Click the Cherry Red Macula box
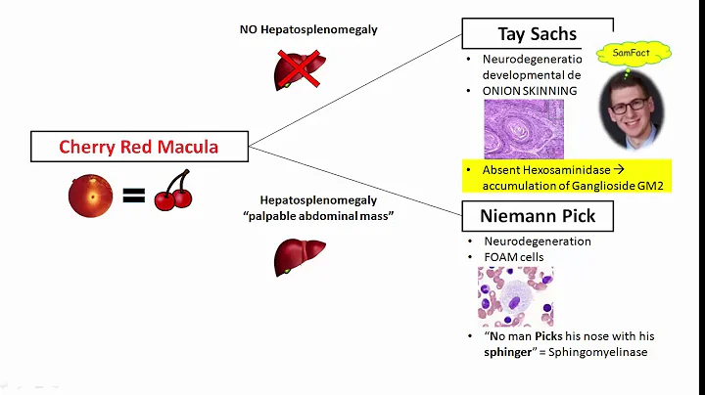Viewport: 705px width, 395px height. [x=139, y=148]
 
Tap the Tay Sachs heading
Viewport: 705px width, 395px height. [x=537, y=33]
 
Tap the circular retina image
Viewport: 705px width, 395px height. [x=90, y=195]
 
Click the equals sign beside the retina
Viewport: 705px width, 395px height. [x=133, y=197]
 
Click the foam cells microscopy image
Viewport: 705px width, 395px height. [x=515, y=296]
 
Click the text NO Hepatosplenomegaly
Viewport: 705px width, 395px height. [x=308, y=29]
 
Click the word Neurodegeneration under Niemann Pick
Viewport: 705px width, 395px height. [x=538, y=241]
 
